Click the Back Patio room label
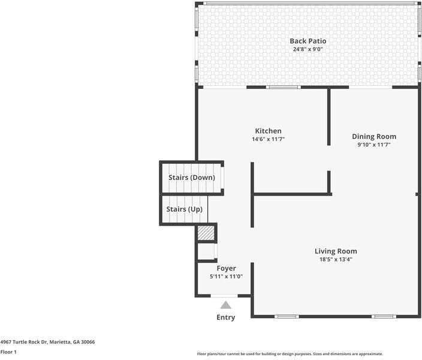(308, 41)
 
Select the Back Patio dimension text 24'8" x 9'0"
(308, 49)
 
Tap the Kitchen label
(268, 131)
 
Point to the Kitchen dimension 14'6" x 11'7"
(268, 139)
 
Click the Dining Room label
(373, 136)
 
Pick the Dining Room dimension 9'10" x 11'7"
(373, 145)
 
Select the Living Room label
(336, 251)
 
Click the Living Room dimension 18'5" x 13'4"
(336, 260)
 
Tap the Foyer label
(226, 268)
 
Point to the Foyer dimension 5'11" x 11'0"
(226, 277)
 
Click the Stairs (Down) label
(191, 178)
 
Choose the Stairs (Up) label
(184, 209)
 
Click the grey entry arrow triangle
(225, 305)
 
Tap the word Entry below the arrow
(225, 317)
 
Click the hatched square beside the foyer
(206, 233)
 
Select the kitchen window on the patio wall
(283, 88)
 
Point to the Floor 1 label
(8, 352)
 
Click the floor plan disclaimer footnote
(290, 354)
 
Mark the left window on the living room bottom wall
(286, 316)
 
